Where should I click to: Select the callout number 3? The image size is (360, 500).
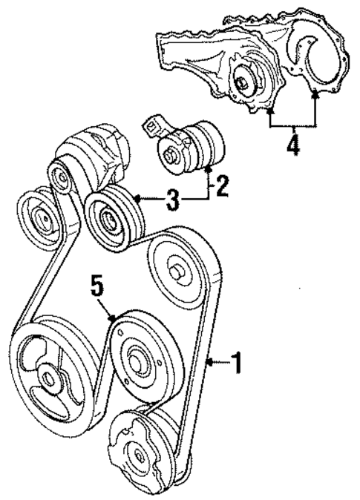(172, 200)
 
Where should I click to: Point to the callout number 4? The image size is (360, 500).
(294, 143)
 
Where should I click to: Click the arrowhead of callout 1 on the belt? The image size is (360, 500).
(209, 362)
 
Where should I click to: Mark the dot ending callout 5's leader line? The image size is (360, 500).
(111, 318)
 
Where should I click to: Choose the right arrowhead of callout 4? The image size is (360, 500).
(317, 93)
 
